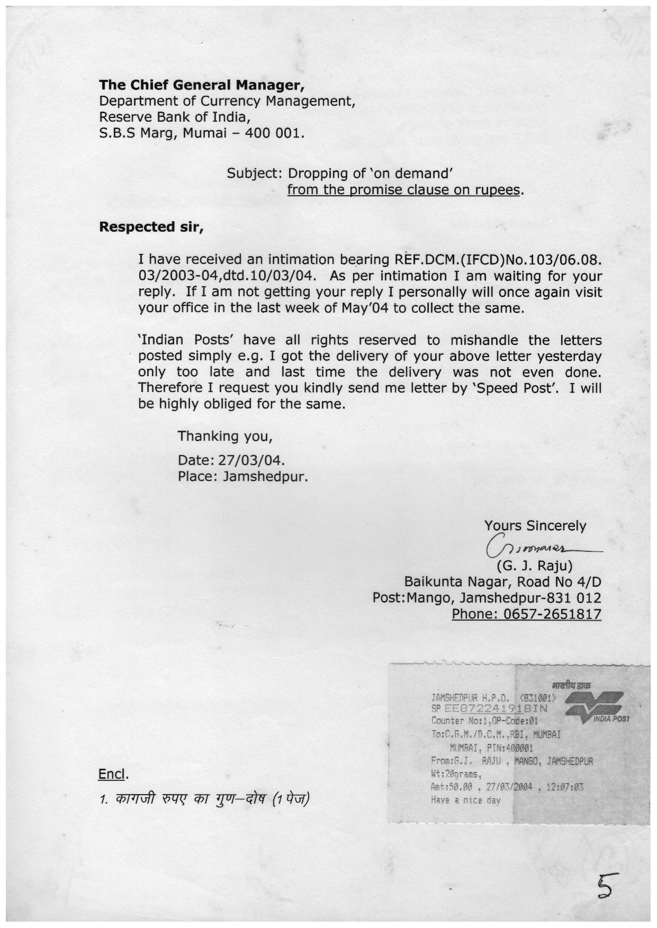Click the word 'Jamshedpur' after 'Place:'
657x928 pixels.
pos(265,476)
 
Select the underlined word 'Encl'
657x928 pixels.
pos(112,775)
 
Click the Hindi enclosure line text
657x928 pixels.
pos(204,798)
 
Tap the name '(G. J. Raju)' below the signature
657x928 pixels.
pos(535,566)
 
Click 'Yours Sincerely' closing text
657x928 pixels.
pos(535,526)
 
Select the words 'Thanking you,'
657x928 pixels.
pos(225,436)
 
